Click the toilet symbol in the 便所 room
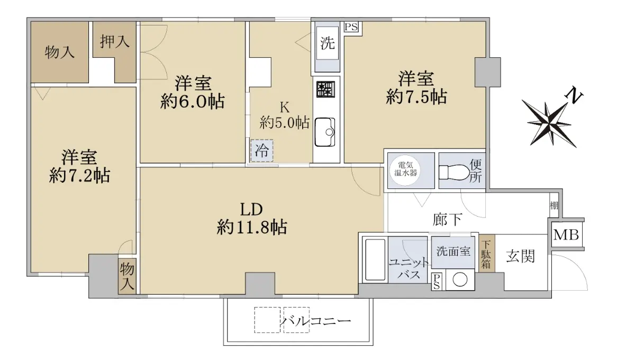[x=454, y=172]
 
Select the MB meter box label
[x=566, y=235]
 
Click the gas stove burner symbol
[x=326, y=89]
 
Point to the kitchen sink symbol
[x=325, y=132]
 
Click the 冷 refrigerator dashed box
[x=261, y=151]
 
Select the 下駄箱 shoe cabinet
[x=486, y=254]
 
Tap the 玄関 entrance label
[x=521, y=256]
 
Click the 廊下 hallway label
[x=448, y=219]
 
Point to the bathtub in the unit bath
[x=375, y=259]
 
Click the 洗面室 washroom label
[x=453, y=251]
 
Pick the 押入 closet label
[x=114, y=41]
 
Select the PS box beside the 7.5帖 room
[x=351, y=27]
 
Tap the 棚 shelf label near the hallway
[x=554, y=205]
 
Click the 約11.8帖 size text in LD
[x=252, y=227]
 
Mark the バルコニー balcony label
[x=315, y=321]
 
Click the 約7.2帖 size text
[x=80, y=176]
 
